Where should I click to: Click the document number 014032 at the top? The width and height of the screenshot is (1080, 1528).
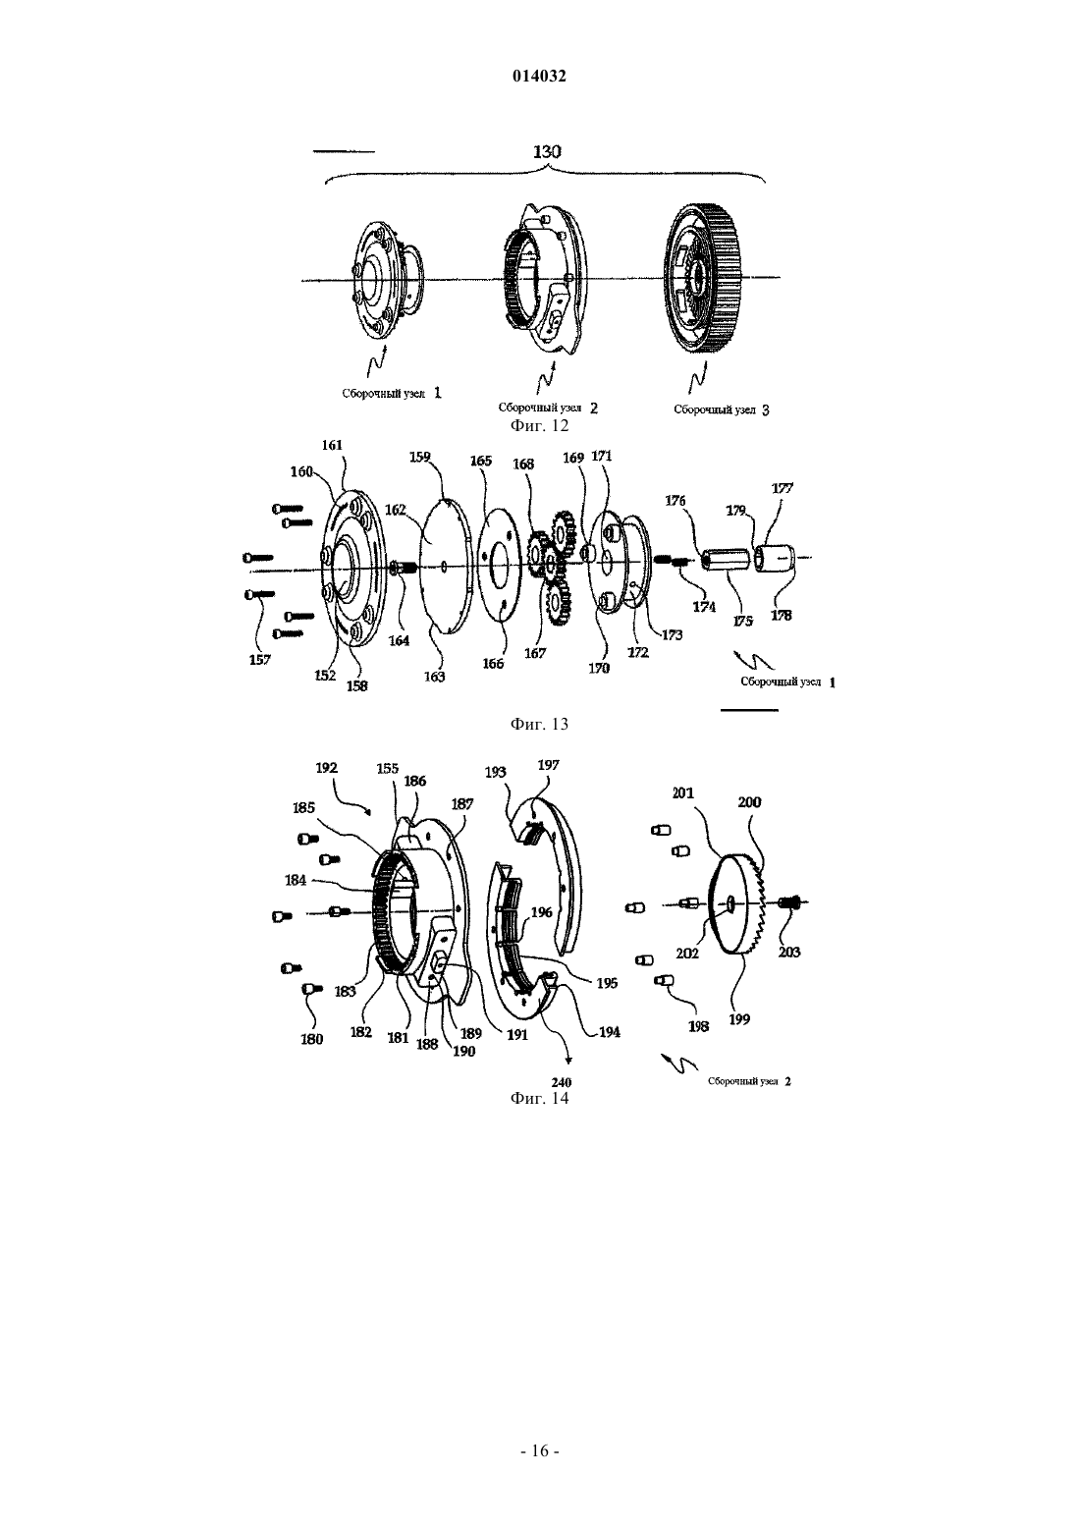tap(539, 77)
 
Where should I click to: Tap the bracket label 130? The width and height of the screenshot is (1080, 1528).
tap(547, 151)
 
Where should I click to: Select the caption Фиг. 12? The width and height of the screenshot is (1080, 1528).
tap(539, 425)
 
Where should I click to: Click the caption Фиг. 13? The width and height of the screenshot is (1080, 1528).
tap(539, 724)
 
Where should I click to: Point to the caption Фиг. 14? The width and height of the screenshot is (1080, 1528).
tap(539, 1098)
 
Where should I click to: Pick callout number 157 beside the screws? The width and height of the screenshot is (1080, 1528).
tap(260, 660)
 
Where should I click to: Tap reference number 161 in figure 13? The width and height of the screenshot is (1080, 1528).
tap(332, 445)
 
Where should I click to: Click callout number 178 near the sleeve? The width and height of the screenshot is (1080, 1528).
tap(782, 615)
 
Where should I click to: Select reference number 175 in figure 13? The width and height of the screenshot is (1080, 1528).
tap(742, 621)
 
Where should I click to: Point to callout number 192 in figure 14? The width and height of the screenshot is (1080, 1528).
tap(327, 767)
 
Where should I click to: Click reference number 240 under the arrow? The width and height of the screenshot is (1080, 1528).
tap(562, 1082)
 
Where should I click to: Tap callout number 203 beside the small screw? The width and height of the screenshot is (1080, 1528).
tap(789, 952)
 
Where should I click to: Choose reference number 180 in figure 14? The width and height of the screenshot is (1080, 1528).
tap(311, 1040)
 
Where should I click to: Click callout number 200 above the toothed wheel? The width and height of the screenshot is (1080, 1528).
tap(749, 802)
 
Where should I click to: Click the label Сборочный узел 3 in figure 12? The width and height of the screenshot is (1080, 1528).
tap(722, 409)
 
